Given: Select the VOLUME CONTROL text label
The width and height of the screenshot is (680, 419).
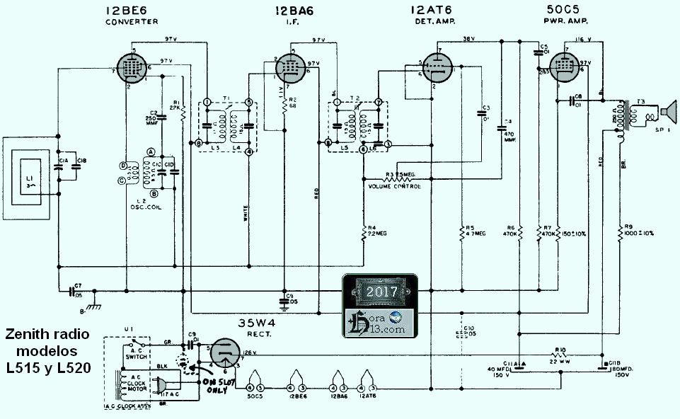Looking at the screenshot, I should (x=395, y=186).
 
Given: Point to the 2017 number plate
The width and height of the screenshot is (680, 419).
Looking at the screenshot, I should (x=381, y=292).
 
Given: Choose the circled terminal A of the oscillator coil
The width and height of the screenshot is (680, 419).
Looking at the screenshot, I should (x=151, y=151).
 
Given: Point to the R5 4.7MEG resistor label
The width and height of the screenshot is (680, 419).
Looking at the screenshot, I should (x=471, y=231).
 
